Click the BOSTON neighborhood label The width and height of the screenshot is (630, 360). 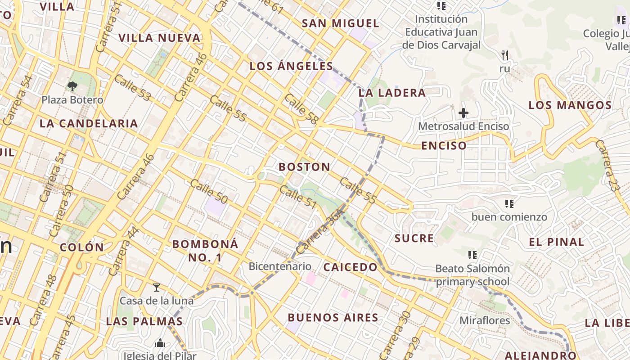[304, 167]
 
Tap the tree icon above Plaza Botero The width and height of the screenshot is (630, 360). [72, 86]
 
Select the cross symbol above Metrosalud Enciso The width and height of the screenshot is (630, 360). [463, 113]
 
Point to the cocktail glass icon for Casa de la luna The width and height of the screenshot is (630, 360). [156, 288]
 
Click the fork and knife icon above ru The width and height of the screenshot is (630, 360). [504, 55]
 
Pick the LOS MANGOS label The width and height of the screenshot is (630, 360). [570, 105]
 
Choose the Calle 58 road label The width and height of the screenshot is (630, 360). [301, 109]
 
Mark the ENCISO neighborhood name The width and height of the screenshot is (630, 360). [444, 146]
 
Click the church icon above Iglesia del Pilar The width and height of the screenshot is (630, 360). [160, 343]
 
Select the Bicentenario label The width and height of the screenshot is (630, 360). [279, 266]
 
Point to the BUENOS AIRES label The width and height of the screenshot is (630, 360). [333, 318]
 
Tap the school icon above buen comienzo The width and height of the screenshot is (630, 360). [509, 204]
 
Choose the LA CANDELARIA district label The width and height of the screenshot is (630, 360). [89, 123]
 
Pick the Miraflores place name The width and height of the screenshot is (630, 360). [484, 320]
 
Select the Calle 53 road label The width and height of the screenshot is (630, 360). [132, 88]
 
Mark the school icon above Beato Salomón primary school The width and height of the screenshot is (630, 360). [472, 255]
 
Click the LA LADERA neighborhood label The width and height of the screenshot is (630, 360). [392, 93]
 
